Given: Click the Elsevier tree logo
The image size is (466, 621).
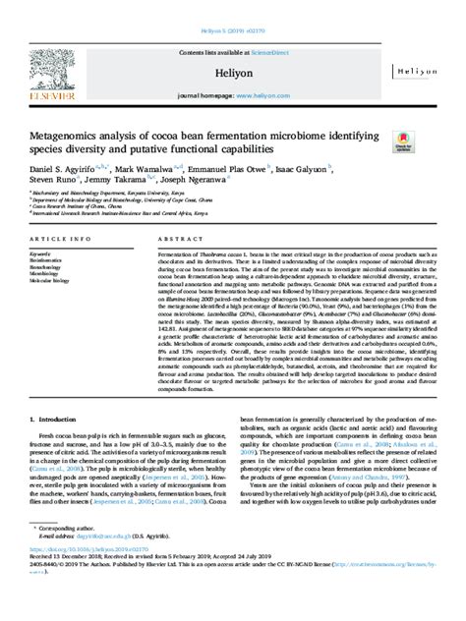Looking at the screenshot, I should [x=41, y=67].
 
